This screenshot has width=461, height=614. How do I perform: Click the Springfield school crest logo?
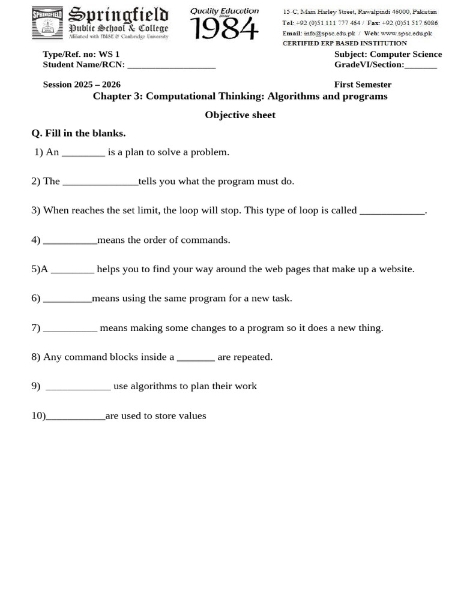point(48,23)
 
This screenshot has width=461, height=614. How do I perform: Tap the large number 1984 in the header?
point(224,28)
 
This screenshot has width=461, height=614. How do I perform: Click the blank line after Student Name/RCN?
point(171,65)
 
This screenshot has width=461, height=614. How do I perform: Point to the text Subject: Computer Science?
point(388,54)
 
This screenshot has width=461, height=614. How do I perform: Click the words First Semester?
point(363,85)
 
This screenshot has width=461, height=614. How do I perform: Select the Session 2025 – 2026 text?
point(82,85)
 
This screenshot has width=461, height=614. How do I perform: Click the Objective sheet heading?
point(240,115)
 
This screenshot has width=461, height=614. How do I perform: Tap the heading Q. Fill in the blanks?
point(79,133)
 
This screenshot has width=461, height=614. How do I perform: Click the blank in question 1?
point(83,153)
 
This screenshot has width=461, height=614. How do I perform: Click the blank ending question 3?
point(392,211)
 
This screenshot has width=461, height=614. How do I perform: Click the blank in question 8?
point(196,358)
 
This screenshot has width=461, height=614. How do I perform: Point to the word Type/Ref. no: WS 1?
point(81,54)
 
